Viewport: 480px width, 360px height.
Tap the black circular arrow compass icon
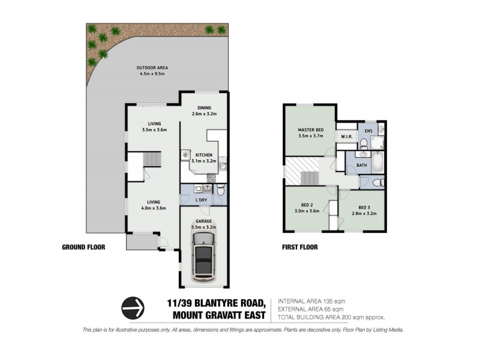[133, 308]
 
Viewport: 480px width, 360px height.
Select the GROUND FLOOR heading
[83, 247]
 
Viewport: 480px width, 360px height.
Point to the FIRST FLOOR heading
[299, 247]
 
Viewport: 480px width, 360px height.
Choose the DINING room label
[203, 107]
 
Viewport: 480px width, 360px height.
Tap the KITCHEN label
[203, 154]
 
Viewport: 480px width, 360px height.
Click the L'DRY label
[202, 199]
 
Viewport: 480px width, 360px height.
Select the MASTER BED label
[311, 130]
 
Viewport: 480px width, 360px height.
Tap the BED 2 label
[306, 205]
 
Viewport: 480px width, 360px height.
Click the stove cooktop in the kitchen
[212, 177]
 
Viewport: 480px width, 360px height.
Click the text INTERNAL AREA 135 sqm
[312, 301]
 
